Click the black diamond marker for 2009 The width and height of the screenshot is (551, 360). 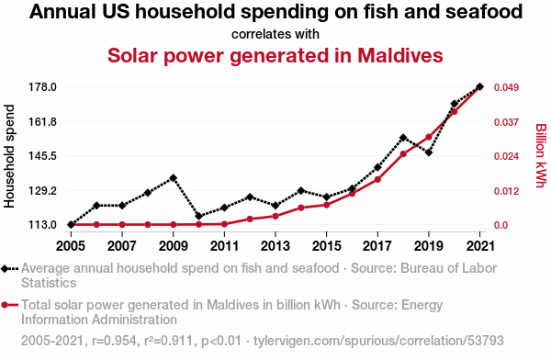(174, 178)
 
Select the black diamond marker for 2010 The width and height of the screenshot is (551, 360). (199, 216)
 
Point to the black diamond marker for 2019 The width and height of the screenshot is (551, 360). (429, 152)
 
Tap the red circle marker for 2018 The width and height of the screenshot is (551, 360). (403, 154)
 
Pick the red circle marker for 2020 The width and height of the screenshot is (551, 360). (454, 112)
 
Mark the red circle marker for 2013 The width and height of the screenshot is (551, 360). (275, 216)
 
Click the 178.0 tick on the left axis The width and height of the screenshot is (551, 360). (42, 87)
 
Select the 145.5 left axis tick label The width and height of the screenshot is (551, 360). (42, 156)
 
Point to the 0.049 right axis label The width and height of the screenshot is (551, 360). (506, 87)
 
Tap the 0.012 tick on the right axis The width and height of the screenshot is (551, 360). (506, 191)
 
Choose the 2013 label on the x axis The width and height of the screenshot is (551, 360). (275, 246)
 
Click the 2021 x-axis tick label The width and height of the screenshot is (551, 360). (480, 246)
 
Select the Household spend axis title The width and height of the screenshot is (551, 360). (9, 156)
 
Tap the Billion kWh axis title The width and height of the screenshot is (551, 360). (541, 155)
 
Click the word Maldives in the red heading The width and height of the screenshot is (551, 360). (400, 55)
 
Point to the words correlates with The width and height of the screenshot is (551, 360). (275, 34)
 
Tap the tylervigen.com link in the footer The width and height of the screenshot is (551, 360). (378, 341)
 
